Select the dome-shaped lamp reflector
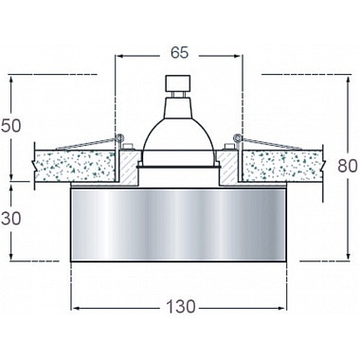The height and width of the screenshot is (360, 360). tap(179, 133)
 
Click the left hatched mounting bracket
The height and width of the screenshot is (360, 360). tap(127, 168)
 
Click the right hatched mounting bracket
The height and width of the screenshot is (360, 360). tap(231, 168)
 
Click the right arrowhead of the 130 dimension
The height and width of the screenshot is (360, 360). tap(281, 307)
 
